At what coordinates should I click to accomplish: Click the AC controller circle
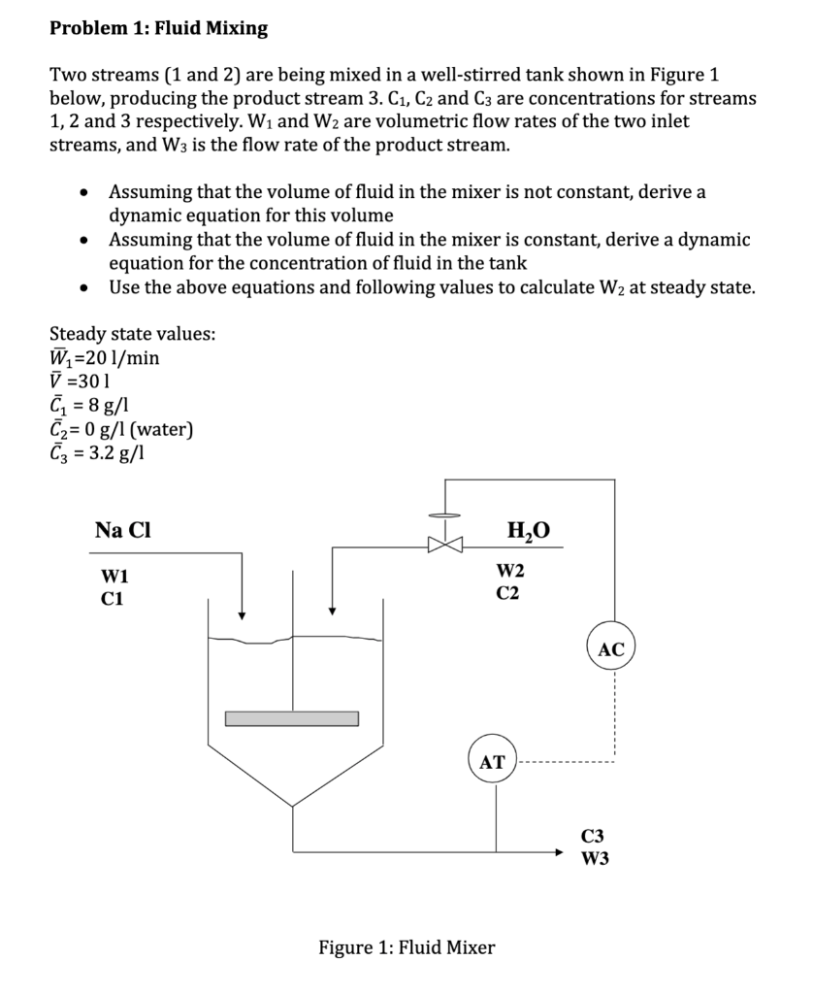click(x=611, y=649)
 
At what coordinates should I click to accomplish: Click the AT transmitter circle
click(x=492, y=762)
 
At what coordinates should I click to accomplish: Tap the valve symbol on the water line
click(x=446, y=545)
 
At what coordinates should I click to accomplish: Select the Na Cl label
click(x=122, y=530)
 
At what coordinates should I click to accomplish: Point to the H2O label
click(x=528, y=530)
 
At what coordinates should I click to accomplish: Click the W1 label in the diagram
click(x=114, y=577)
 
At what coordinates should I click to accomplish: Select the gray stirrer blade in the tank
click(x=292, y=718)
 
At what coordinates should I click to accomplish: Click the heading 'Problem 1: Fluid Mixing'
click(x=159, y=28)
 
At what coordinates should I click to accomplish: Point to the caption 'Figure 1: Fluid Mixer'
click(x=406, y=946)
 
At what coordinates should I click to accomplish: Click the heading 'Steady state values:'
click(x=133, y=334)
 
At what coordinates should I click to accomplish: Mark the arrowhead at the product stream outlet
click(x=559, y=852)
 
